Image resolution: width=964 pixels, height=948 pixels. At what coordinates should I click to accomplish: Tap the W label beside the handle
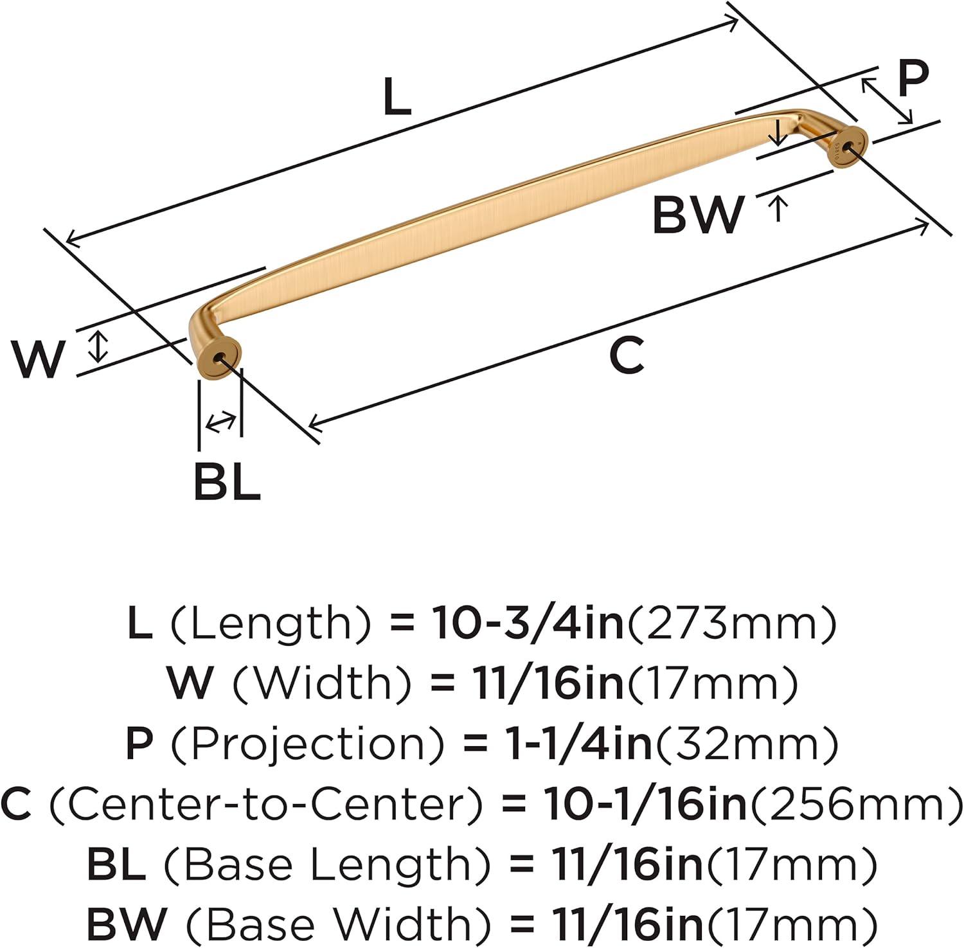[39, 359]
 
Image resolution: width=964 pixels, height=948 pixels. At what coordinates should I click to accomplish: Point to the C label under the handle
[627, 356]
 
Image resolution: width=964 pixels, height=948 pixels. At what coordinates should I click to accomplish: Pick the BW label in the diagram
[698, 215]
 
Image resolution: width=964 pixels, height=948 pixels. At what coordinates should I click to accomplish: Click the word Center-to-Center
[265, 804]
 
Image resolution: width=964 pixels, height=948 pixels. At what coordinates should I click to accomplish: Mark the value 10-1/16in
[645, 804]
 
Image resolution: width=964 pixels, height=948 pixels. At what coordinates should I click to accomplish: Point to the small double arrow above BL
[220, 422]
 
